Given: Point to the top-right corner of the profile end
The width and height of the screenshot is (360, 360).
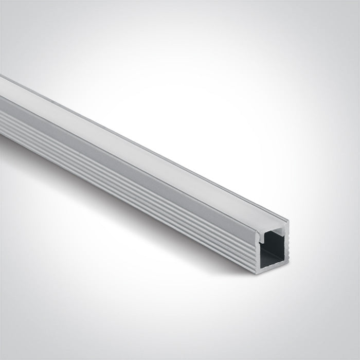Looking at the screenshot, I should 288,222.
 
